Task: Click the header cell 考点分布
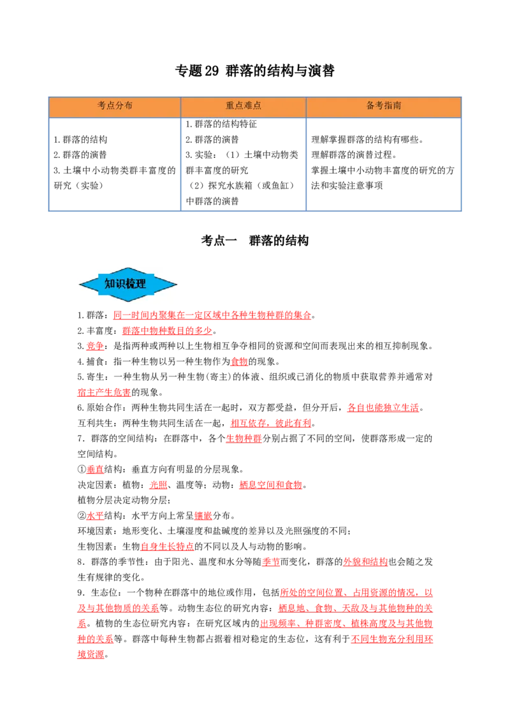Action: click(115, 106)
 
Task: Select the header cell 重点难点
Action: click(244, 106)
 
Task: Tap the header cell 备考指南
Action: click(384, 106)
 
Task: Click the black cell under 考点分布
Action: click(115, 165)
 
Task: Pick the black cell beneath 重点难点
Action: click(242, 165)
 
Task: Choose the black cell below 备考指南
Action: click(384, 165)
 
